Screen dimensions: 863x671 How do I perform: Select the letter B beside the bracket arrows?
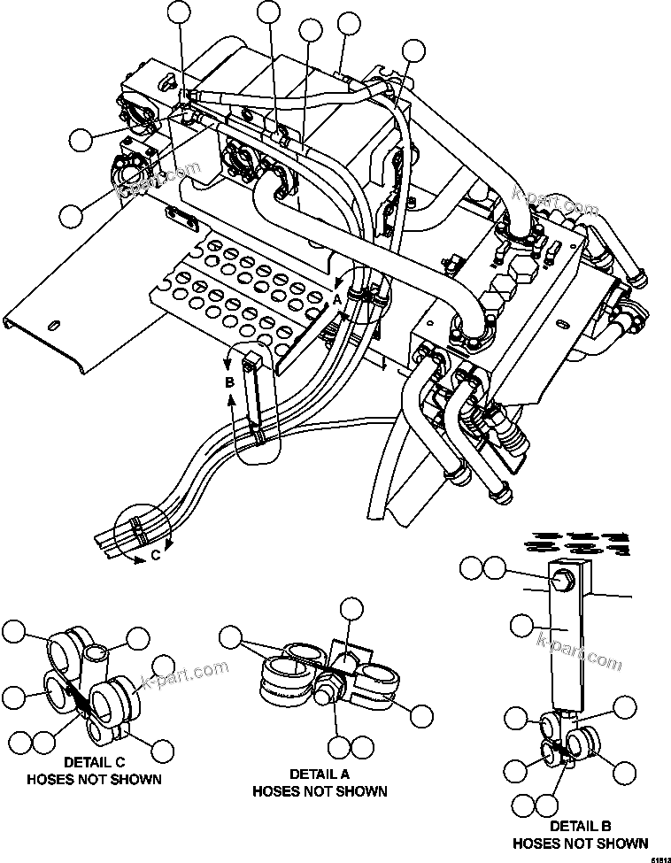click(x=229, y=381)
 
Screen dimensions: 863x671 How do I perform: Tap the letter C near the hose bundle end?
click(x=155, y=556)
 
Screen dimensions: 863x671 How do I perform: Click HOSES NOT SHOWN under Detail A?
click(x=320, y=790)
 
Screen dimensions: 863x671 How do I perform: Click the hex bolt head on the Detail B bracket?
click(x=562, y=580)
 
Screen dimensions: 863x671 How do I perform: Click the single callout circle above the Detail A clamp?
click(x=351, y=609)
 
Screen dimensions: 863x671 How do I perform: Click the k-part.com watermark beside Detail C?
click(x=188, y=680)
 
